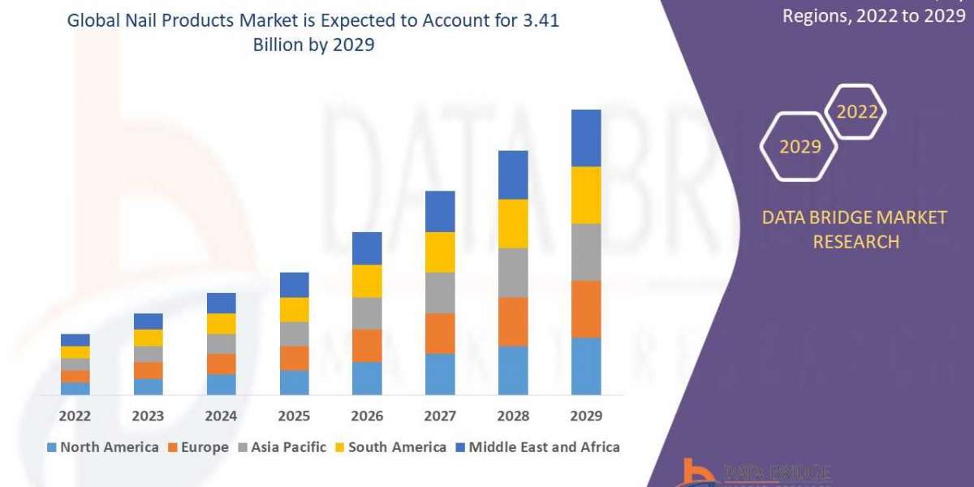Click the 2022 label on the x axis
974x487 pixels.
tap(75, 416)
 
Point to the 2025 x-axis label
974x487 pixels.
tap(294, 416)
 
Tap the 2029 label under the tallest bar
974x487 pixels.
tap(586, 416)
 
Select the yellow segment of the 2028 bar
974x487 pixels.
tap(513, 223)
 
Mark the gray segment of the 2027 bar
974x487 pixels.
tap(440, 292)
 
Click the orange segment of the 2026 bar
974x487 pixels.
tap(367, 345)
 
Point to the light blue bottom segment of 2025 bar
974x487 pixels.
tap(294, 382)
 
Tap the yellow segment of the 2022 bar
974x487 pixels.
tap(75, 352)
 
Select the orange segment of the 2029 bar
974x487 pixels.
tap(586, 308)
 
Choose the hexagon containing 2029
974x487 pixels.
tap(799, 147)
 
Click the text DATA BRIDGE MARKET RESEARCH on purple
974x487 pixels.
tap(855, 230)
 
